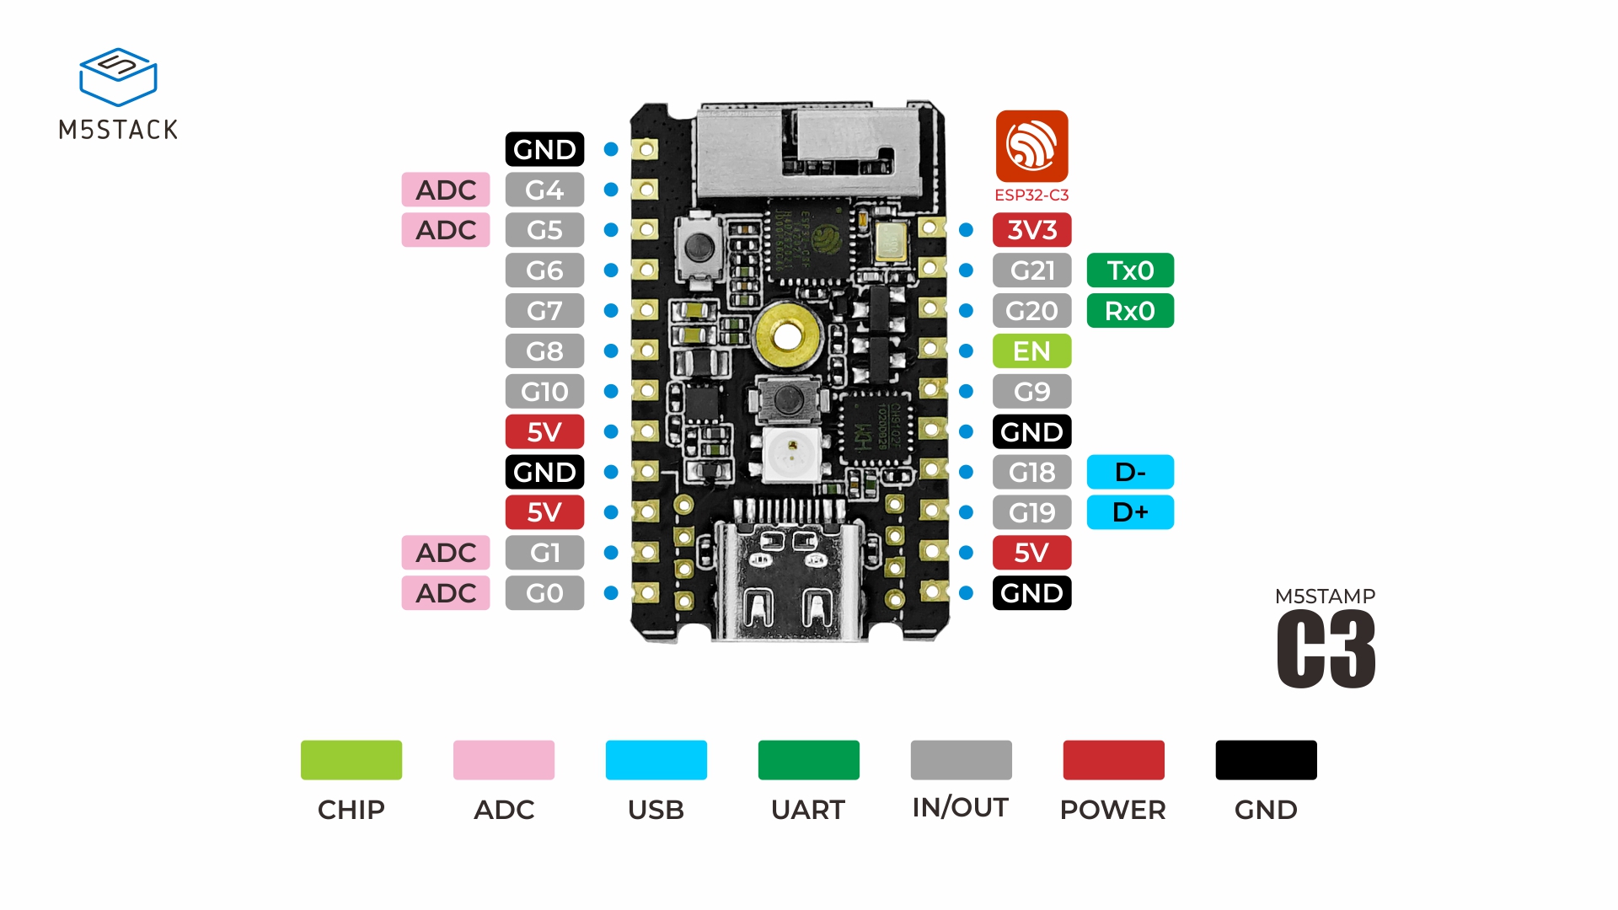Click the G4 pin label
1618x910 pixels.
pos(544,190)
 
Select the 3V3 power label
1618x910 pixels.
pos(1031,230)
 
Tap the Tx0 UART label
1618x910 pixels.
pos(1130,270)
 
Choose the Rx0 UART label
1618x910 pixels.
pos(1130,311)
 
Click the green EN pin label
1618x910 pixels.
pos(1031,351)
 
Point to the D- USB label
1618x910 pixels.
pos(1130,472)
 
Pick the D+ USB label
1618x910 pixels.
pos(1130,512)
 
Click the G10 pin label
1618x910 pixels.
pos(544,392)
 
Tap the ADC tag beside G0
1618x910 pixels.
pos(446,593)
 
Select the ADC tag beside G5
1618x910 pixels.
pos(446,230)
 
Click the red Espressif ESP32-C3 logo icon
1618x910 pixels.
pos(1031,147)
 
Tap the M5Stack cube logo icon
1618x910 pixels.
pos(118,77)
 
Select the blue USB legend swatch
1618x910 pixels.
pos(656,760)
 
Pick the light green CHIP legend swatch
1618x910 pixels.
pos(351,760)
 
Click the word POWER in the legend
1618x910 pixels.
pos(1112,810)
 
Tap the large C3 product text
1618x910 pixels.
pos(1326,649)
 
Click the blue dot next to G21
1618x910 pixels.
pos(967,270)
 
